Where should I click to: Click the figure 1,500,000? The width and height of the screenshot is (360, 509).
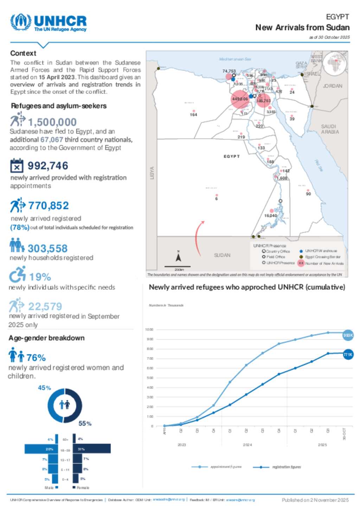tap(52, 122)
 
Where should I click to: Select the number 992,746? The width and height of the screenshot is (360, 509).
tap(48, 166)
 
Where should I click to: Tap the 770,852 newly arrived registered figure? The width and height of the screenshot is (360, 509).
tap(49, 205)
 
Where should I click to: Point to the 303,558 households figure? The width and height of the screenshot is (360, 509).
tap(47, 248)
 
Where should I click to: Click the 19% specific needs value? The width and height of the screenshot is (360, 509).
tap(40, 277)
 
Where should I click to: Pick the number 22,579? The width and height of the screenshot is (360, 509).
tap(45, 307)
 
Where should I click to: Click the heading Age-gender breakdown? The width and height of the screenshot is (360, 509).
tap(46, 338)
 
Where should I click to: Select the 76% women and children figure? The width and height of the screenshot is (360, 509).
tap(36, 358)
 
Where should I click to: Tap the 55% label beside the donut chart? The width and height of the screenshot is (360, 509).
tap(85, 424)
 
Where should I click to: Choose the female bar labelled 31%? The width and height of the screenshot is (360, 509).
tap(92, 449)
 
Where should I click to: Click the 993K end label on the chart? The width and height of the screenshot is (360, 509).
tap(348, 335)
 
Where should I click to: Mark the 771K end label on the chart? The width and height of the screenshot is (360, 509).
tap(348, 355)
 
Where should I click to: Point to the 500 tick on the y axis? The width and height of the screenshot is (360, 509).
tap(150, 378)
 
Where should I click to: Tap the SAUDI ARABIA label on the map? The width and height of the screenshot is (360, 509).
tap(330, 129)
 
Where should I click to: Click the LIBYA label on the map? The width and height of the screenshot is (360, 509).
tap(152, 173)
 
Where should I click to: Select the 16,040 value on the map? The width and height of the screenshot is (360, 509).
tap(270, 216)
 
